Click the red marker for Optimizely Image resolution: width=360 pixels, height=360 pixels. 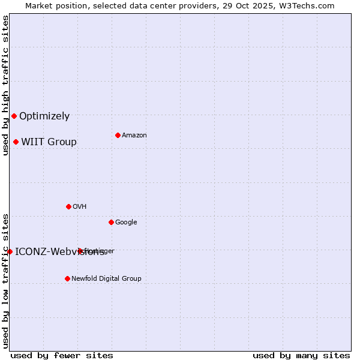click(x=14, y=116)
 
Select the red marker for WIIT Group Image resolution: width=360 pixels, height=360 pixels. click(x=16, y=142)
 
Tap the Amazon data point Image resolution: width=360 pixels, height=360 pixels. click(x=118, y=135)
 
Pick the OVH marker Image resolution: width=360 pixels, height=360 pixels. click(x=68, y=206)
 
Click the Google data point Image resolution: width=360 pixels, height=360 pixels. click(x=111, y=222)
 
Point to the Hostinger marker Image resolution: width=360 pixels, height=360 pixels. click(x=80, y=251)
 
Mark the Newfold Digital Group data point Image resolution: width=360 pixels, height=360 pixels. click(x=67, y=278)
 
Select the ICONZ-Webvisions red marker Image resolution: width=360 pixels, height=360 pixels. click(x=10, y=251)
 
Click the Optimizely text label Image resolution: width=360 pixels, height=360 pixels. click(x=44, y=116)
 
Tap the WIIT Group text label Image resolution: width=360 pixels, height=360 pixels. click(x=49, y=142)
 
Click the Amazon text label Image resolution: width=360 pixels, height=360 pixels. click(x=134, y=136)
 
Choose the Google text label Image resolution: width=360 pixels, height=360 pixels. click(x=126, y=223)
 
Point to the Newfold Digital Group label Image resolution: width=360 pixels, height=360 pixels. click(x=106, y=279)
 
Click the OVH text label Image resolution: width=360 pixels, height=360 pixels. click(x=79, y=207)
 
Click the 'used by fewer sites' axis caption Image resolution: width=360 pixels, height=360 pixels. click(x=62, y=355)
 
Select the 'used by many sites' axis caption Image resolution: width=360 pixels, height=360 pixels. click(x=301, y=355)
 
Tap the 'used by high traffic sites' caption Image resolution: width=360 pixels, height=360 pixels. click(x=5, y=85)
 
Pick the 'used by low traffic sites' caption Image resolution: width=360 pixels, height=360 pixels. click(x=5, y=280)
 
